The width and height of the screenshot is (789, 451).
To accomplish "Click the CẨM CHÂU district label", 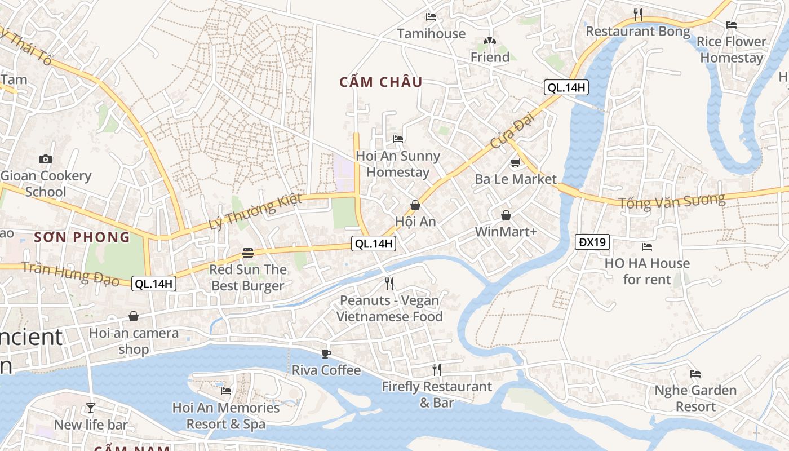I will pos(380,82).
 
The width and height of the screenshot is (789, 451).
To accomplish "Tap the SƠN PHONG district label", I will pos(82,237).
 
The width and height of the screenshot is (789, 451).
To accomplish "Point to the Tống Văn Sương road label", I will pos(672,201).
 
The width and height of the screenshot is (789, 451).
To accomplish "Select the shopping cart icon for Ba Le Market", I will pos(515,163).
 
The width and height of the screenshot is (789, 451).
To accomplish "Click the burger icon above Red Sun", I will pos(248,253).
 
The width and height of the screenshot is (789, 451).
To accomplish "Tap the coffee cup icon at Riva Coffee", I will pos(326,353).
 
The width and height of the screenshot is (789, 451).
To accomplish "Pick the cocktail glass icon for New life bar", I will pos(91,408).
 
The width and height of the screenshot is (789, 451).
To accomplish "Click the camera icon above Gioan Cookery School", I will pos(46,160).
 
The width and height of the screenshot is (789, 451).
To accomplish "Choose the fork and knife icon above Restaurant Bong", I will pos(638,14).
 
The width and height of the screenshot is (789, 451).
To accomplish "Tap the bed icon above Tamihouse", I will pos(431,17).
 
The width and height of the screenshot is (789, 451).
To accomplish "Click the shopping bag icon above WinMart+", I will pos(506,215).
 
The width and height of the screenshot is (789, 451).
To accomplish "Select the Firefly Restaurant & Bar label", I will pos(437,395).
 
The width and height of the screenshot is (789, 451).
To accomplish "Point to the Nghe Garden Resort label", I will pos(695,398).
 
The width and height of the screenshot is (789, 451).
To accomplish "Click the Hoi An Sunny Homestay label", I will pos(398,164).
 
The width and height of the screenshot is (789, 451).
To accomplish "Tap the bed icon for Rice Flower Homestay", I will pos(732,25).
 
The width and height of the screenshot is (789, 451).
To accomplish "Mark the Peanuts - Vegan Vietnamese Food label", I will pos(389,308).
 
